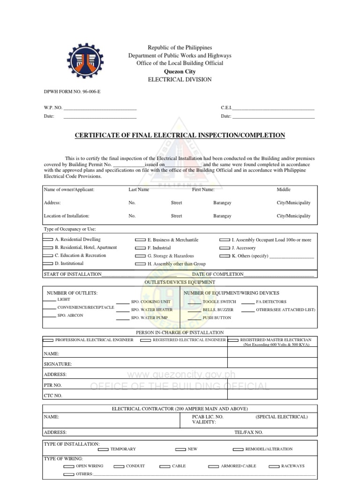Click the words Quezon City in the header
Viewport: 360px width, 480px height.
pos(180,71)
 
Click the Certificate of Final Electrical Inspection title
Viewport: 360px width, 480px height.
pos(180,135)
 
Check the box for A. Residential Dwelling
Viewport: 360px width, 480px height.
pos(48,240)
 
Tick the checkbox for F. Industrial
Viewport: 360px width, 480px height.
pos(140,248)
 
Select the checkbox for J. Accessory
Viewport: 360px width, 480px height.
pos(224,248)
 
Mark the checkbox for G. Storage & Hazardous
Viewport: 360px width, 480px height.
pos(140,256)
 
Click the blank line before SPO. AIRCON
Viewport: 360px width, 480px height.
pos(50,316)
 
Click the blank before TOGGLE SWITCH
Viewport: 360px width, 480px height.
pos(195,303)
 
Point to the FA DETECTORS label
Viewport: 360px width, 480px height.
pos(271,302)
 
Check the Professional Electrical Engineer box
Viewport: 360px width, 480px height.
pos(48,340)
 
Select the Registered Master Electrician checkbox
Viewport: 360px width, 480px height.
pos(233,340)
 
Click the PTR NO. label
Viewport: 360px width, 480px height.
pos(52,385)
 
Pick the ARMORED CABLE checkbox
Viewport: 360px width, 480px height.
pos(213,466)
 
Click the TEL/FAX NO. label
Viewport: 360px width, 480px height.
pos(248,432)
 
